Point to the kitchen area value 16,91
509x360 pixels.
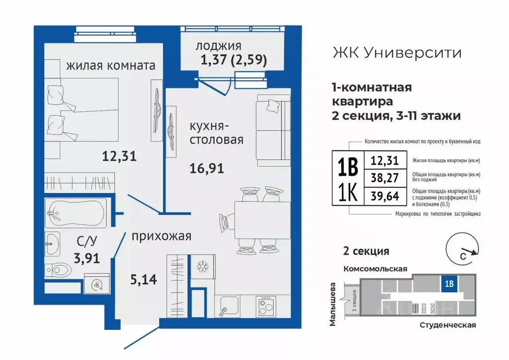206,169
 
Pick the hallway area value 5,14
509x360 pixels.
144,279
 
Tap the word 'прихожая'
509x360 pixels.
162,236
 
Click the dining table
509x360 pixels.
262,218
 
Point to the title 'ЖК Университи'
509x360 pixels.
396,52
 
